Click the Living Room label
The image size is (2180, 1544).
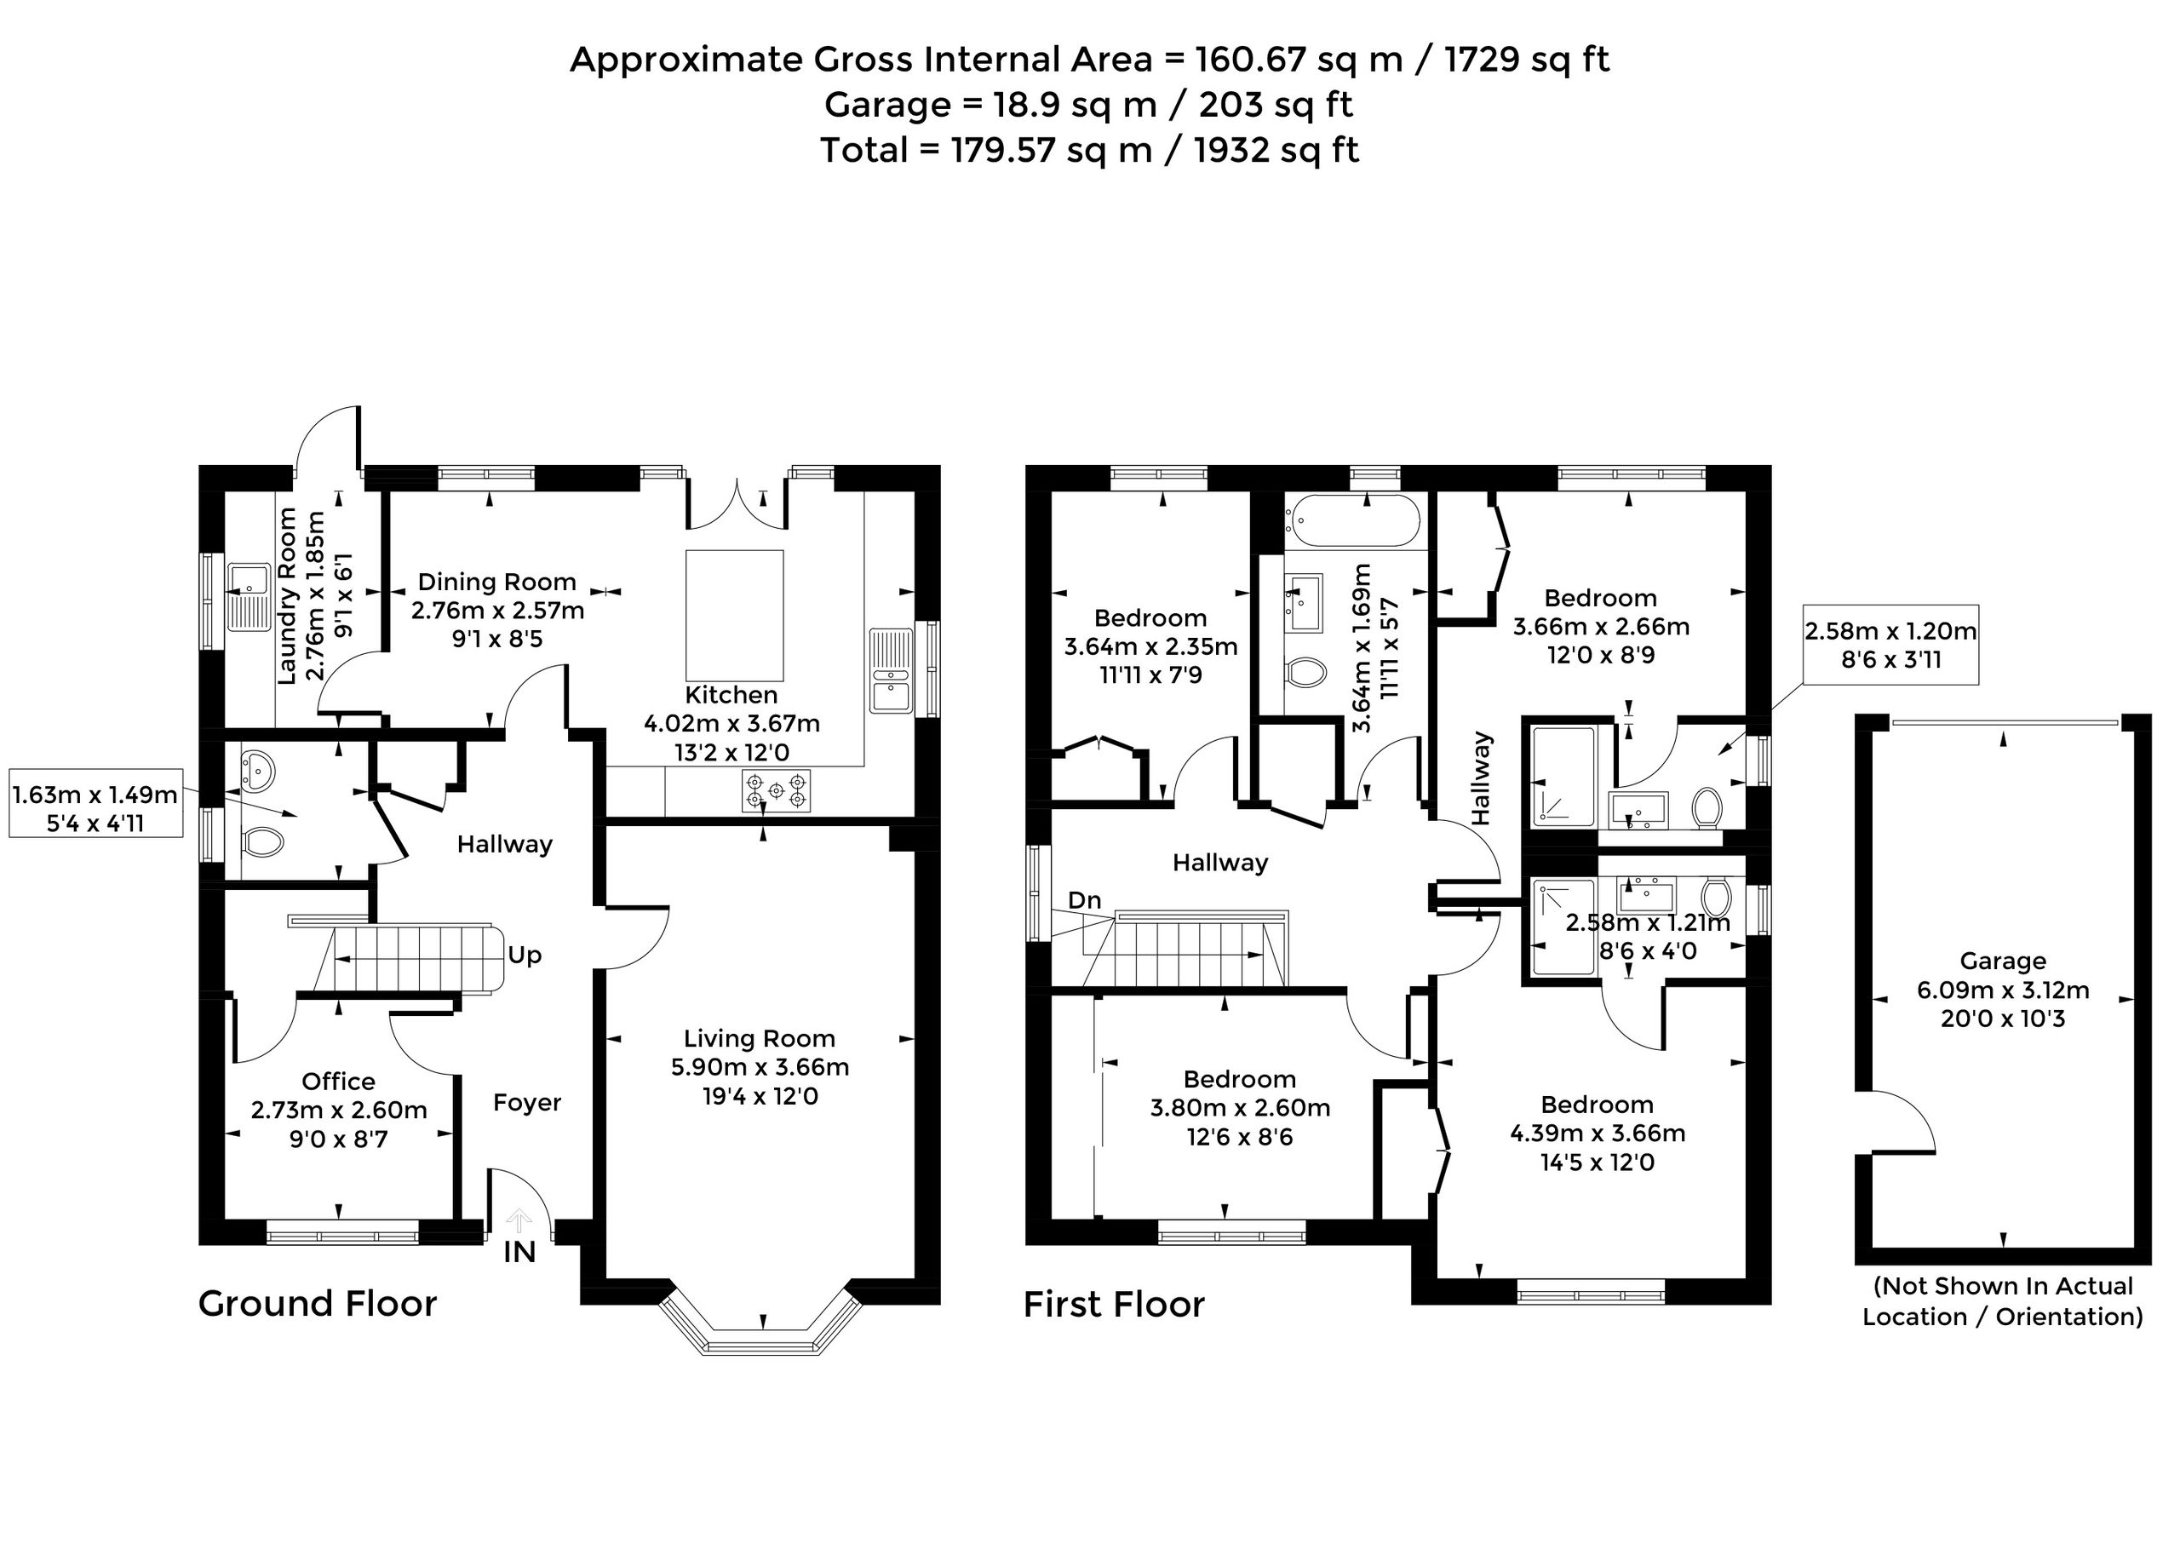point(759,1039)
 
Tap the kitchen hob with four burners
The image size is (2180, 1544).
point(776,791)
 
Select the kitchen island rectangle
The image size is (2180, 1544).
point(735,613)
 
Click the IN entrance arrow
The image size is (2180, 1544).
point(519,1220)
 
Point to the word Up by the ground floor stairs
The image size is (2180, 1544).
point(524,955)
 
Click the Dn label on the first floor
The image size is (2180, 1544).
point(1085,900)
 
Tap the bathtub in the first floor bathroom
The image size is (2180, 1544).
point(1353,520)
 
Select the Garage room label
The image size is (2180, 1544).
point(2003,961)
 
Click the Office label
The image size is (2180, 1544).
point(338,1081)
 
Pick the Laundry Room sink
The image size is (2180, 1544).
point(250,596)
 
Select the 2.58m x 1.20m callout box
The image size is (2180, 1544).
point(1891,645)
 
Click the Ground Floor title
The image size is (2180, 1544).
point(318,1304)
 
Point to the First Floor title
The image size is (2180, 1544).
point(1114,1305)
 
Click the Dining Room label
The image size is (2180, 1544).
point(497,582)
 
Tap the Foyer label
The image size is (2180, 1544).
point(527,1103)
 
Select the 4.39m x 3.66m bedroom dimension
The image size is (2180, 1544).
point(1598,1134)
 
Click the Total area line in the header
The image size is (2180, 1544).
point(1089,150)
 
